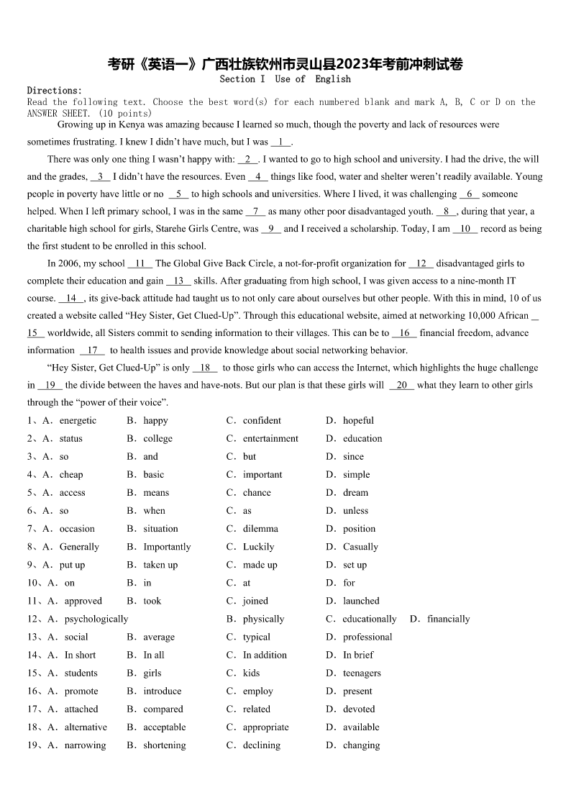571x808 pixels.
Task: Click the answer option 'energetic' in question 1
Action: coord(78,420)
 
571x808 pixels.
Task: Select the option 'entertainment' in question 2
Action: coord(270,438)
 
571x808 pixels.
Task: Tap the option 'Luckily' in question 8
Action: coord(258,547)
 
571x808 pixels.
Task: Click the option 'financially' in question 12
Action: coord(448,619)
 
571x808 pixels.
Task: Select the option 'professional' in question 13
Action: coord(367,637)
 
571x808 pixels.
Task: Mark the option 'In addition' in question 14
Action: coord(265,655)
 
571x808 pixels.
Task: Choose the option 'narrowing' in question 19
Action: coord(85,745)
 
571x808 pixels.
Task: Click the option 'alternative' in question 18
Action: coord(86,727)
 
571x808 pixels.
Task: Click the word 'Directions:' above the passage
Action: coord(55,91)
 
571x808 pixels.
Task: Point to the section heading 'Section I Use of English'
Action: coord(285,79)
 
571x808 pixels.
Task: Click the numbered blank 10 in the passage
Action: coord(465,229)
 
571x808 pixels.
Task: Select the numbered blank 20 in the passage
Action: coord(402,385)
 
